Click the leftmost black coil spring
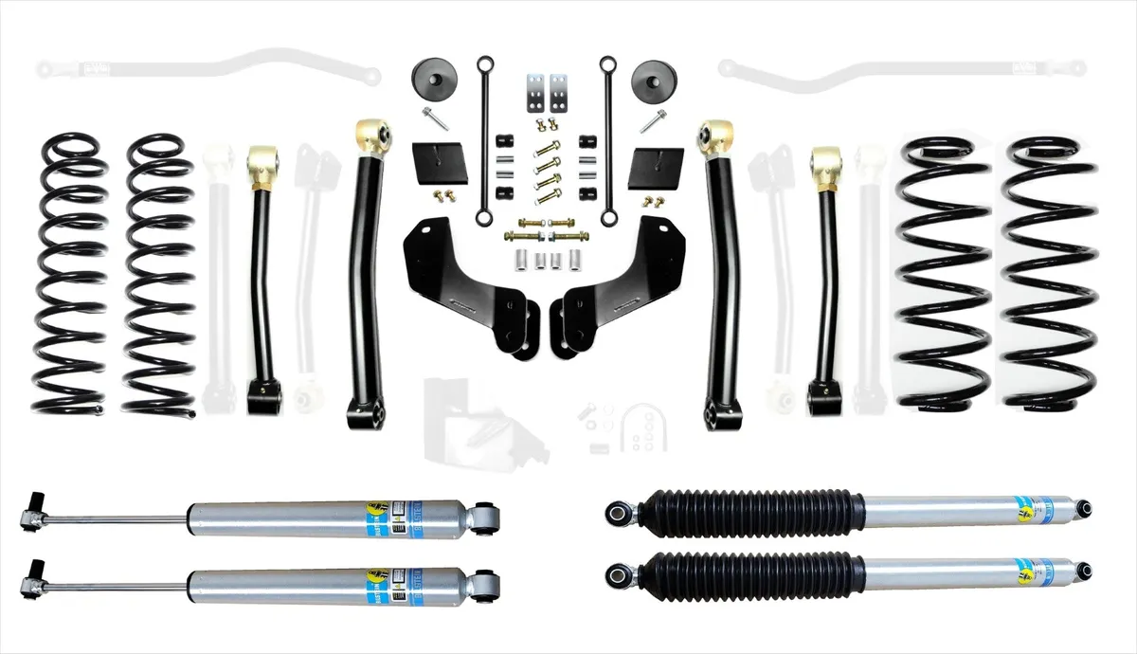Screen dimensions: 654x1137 point(72,275)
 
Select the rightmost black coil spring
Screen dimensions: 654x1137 point(1049,275)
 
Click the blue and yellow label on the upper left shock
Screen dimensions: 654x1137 point(375,517)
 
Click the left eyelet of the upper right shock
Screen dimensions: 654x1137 point(622,512)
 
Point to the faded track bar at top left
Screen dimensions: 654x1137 point(208,68)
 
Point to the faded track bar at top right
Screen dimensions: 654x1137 point(900,68)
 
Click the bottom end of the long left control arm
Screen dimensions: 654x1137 point(366,410)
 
